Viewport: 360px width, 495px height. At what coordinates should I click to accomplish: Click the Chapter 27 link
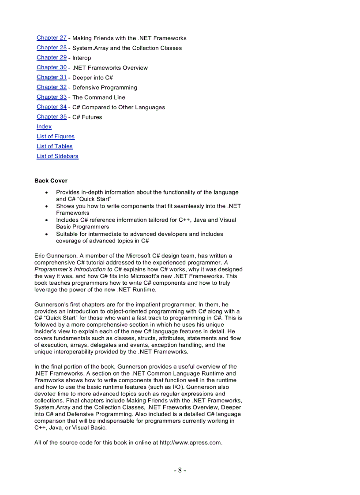51,38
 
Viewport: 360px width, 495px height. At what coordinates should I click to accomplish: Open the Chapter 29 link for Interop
51,58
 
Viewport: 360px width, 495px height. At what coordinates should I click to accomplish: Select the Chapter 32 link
51,87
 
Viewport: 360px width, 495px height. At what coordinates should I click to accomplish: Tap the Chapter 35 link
51,117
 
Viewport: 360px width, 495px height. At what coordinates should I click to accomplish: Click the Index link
44,127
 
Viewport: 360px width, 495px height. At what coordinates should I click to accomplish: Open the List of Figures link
56,137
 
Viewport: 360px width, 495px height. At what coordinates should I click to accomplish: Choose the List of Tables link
54,146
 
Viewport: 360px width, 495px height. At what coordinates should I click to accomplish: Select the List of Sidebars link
57,156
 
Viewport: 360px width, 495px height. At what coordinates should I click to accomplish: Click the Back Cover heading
51,181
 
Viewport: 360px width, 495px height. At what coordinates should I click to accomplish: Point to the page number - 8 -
180,470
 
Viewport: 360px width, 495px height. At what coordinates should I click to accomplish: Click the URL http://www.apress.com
190,443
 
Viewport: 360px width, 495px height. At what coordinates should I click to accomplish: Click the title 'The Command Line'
98,97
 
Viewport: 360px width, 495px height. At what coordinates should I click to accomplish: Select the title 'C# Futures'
87,117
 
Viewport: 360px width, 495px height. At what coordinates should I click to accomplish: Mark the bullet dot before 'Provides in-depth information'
47,193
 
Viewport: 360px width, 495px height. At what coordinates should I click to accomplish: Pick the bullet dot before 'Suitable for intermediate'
47,234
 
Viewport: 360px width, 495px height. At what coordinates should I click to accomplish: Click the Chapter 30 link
51,67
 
